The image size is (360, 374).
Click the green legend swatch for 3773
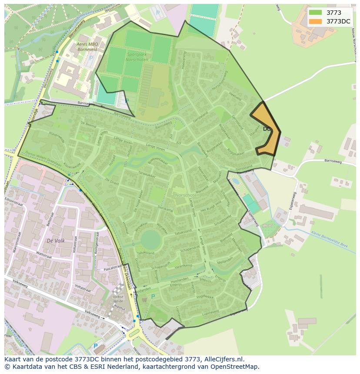(316, 13)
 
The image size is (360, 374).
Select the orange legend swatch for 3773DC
(316, 21)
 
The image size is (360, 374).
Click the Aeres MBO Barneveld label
(88, 47)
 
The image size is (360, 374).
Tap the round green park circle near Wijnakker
(150, 239)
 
